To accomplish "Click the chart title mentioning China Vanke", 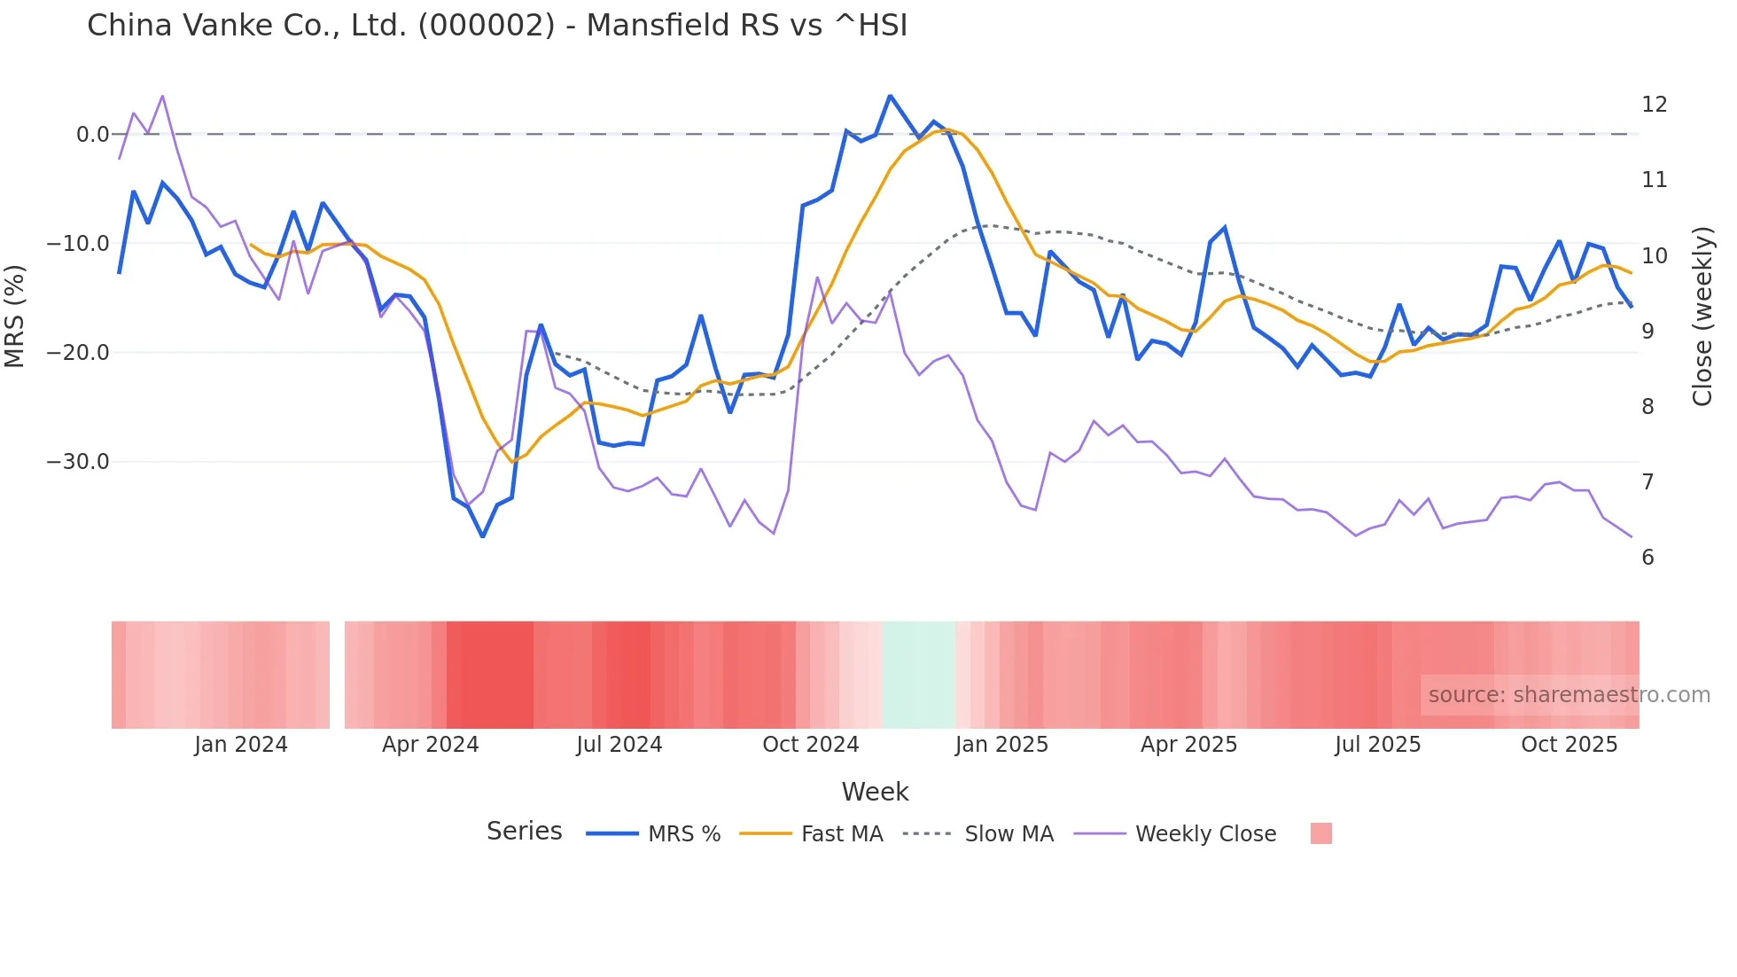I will (496, 25).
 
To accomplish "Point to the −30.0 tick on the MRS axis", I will (78, 462).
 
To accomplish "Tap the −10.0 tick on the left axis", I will (78, 244).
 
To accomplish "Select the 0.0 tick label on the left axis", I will (91, 135).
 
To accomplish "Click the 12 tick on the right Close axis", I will (1654, 105).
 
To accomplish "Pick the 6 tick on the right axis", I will (1647, 558).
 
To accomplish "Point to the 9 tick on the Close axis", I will (1647, 331).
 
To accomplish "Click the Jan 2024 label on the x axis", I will (241, 745).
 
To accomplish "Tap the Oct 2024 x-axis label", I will (810, 745).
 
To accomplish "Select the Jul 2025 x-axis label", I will (1377, 745).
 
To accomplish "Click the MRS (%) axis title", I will (15, 316).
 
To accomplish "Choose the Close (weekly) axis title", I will (1702, 316).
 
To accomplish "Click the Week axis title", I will (875, 792).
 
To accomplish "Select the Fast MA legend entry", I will (841, 834).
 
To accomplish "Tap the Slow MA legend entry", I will (1008, 834).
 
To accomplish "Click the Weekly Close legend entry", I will (1205, 834).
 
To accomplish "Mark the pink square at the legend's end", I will (1320, 833).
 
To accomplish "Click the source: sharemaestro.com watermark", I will (1569, 695).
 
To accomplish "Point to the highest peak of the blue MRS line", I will (890, 96).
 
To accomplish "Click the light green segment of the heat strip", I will (918, 675).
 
